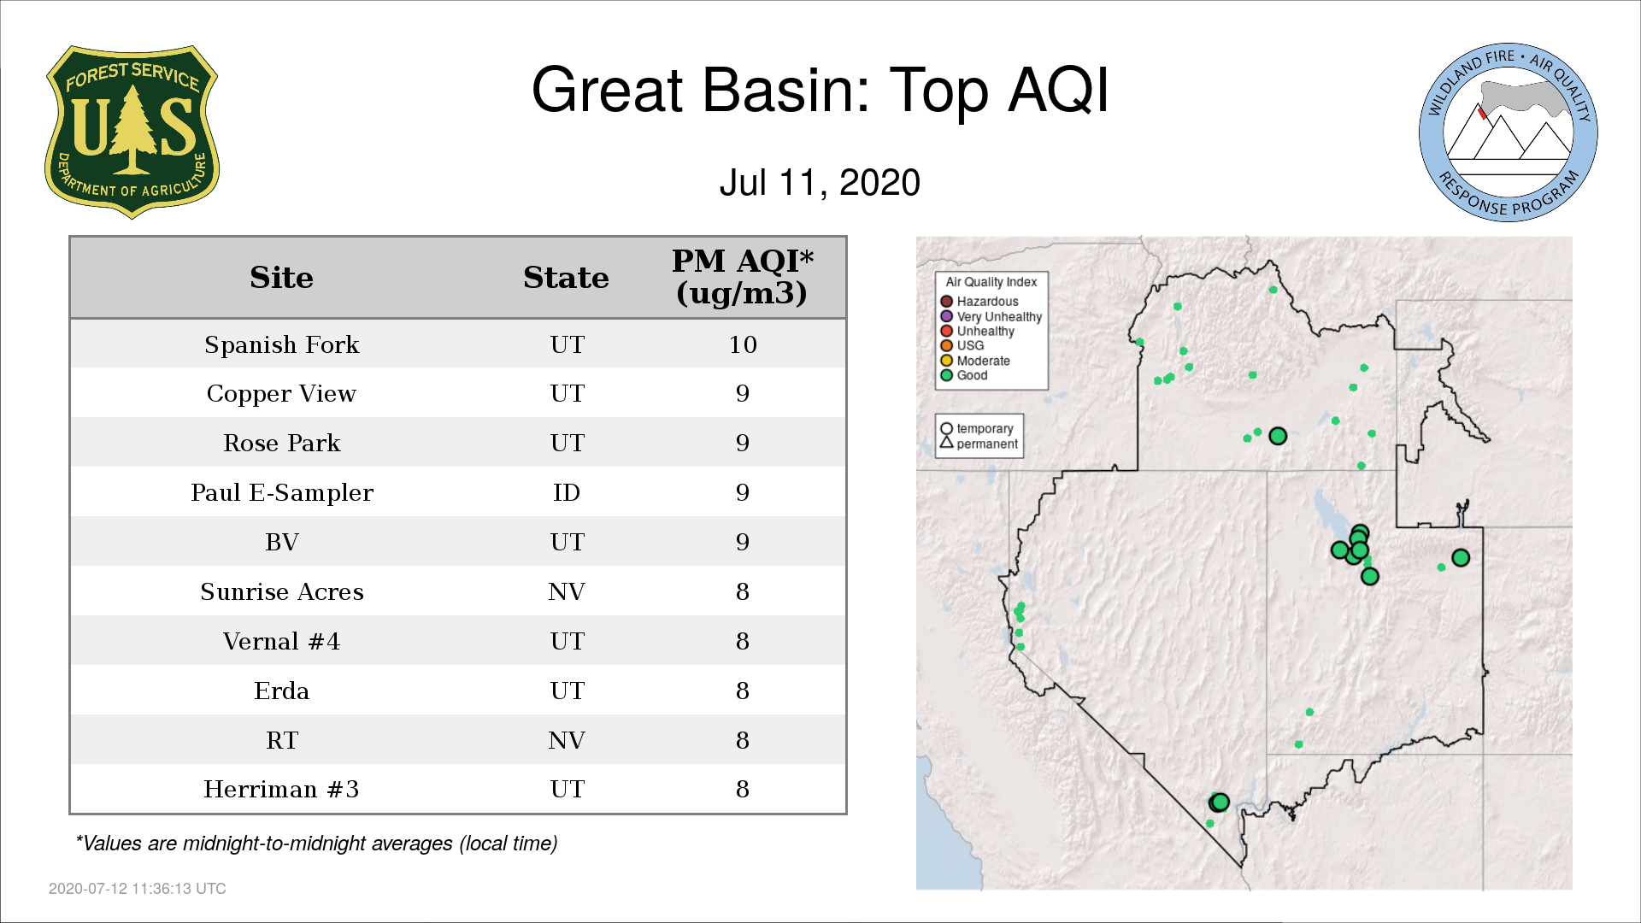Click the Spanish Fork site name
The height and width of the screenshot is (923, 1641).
tap(282, 344)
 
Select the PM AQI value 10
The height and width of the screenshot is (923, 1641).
tap(743, 344)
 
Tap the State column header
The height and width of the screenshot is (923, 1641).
tap(566, 278)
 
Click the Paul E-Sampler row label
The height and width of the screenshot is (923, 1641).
tap(282, 493)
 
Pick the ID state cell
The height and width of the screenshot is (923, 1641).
tap(567, 493)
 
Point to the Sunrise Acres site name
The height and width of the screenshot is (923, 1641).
tap(282, 591)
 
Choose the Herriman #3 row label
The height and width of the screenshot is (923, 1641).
tap(281, 789)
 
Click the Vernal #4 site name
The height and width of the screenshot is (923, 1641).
tap(281, 641)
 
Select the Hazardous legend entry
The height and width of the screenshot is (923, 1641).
tap(980, 302)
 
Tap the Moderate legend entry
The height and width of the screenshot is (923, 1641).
tap(975, 361)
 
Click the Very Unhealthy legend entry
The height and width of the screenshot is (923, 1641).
tap(991, 316)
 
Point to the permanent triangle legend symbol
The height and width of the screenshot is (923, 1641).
tap(946, 443)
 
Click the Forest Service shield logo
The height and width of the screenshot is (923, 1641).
tap(132, 132)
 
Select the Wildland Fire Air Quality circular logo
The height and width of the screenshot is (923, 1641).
tap(1509, 132)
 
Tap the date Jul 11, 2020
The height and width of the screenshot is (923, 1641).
tap(820, 183)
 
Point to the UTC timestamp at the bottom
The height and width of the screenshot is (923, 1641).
tap(138, 889)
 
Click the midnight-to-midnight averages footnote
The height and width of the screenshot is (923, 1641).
tap(316, 844)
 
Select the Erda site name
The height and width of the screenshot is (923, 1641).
tap(282, 691)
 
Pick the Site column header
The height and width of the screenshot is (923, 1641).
tap(281, 278)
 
